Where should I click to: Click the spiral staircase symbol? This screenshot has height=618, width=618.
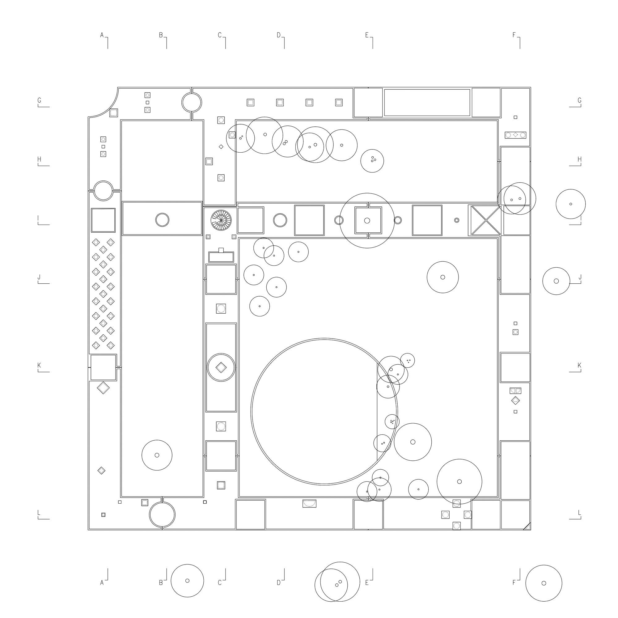[221, 220]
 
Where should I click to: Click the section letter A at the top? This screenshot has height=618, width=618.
[102, 35]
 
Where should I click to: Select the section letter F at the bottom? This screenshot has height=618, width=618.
[514, 582]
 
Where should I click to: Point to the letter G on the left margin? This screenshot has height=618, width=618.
[39, 100]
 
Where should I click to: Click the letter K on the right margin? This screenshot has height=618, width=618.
[579, 365]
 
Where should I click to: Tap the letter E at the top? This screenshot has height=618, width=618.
[367, 35]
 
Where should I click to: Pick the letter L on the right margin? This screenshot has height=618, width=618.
[579, 512]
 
